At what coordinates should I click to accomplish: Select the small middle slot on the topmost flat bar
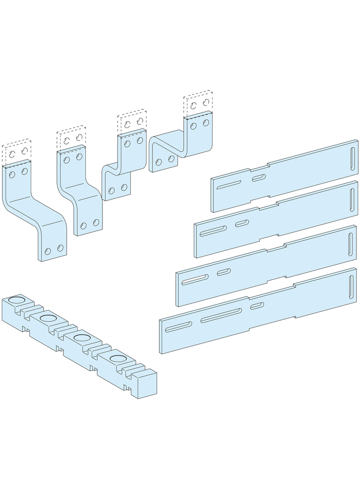258,177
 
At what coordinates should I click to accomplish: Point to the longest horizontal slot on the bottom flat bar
221,315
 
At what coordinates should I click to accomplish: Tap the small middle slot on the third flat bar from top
224,272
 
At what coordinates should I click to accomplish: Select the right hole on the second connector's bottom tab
96,223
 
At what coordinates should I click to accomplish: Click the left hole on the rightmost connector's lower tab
159,162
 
